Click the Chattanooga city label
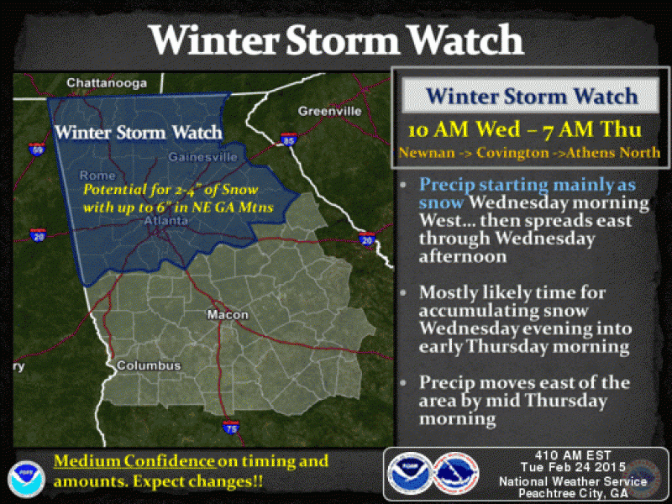coord(107,83)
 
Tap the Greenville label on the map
coord(329,111)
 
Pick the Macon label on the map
coord(228,315)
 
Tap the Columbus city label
coord(149,366)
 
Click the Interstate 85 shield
coord(289,139)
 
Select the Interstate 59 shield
coord(35,150)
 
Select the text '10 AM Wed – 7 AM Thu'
coord(525,131)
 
